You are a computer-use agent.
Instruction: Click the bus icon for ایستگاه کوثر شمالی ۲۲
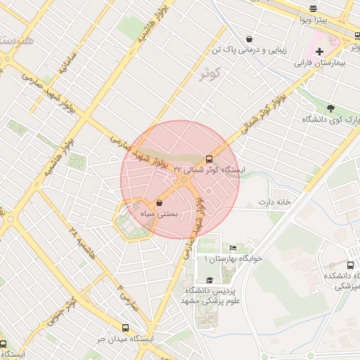pyautogui.click(x=209, y=159)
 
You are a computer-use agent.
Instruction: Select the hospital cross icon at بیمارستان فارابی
pyautogui.click(x=320, y=51)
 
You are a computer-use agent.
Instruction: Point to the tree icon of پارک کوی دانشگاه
pyautogui.click(x=330, y=108)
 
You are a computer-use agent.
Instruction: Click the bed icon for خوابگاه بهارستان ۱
pyautogui.click(x=233, y=248)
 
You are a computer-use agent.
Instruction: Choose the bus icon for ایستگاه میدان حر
pyautogui.click(x=126, y=328)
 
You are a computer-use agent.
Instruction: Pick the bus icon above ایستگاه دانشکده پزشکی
pyautogui.click(x=330, y=265)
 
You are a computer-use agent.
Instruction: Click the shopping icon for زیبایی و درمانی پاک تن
pyautogui.click(x=249, y=39)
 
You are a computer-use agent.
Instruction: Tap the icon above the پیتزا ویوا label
pyautogui.click(x=313, y=8)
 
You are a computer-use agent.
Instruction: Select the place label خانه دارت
pyautogui.click(x=274, y=202)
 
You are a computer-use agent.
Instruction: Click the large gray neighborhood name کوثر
pyautogui.click(x=210, y=73)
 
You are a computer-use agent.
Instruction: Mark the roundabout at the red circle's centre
pyautogui.click(x=181, y=180)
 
